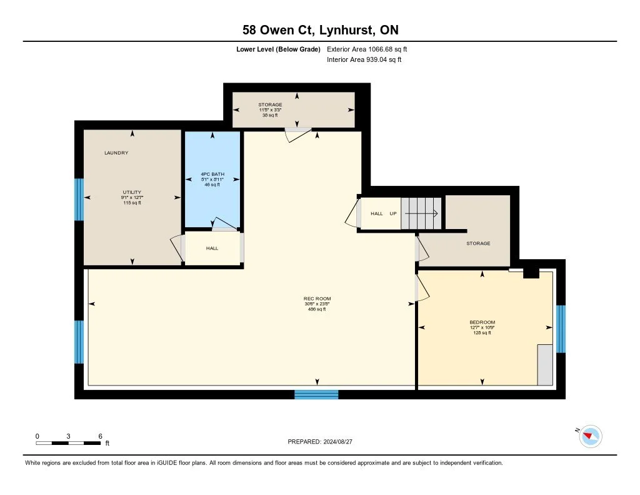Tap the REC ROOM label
317,299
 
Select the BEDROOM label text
482,322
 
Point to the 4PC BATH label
212,174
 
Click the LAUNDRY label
116,153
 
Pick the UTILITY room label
132,192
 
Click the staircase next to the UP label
421,213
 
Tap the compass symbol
590,436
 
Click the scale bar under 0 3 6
68,443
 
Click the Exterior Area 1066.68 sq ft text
367,49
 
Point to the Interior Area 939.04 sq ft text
364,59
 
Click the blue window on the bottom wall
316,394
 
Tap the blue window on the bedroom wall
561,329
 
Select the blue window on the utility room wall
79,200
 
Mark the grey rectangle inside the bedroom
545,365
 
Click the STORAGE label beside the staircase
478,243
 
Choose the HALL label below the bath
212,248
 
